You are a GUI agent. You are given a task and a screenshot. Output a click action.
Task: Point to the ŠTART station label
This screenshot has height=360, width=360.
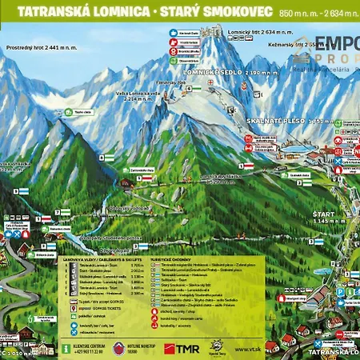(324, 214)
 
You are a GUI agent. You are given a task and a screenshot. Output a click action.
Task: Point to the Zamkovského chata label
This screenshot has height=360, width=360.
(142, 170)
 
